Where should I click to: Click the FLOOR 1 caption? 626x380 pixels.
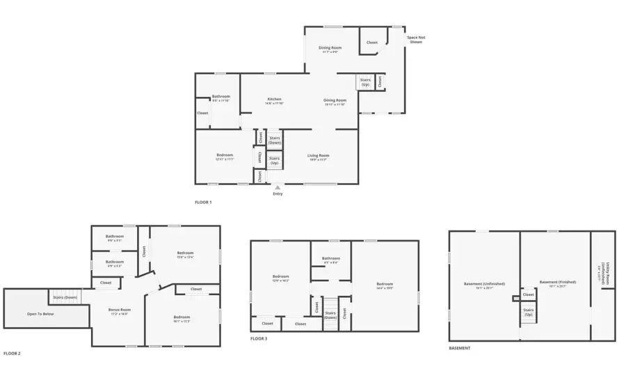pos(203,203)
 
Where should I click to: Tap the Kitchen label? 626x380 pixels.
pos(274,100)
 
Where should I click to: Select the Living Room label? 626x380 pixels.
pos(319,155)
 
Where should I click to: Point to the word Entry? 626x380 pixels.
pos(278,193)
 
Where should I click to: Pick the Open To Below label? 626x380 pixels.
pos(40,314)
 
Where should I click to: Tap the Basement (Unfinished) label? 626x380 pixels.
pos(484,283)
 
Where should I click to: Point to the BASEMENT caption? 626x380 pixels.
pos(460,348)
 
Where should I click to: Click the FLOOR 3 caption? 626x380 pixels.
pos(259,338)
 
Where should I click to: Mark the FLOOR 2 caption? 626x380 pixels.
pos(12,354)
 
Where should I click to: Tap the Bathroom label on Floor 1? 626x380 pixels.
pos(221,97)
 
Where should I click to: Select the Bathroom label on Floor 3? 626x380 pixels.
pos(331,259)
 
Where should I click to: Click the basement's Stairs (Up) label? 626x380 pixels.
pos(529,312)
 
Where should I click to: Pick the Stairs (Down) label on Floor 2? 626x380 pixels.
pos(65,297)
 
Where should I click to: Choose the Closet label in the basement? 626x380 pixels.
pos(529,295)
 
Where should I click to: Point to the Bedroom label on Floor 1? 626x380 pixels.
pos(224,155)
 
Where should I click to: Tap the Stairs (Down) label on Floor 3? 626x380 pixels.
pos(331,315)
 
